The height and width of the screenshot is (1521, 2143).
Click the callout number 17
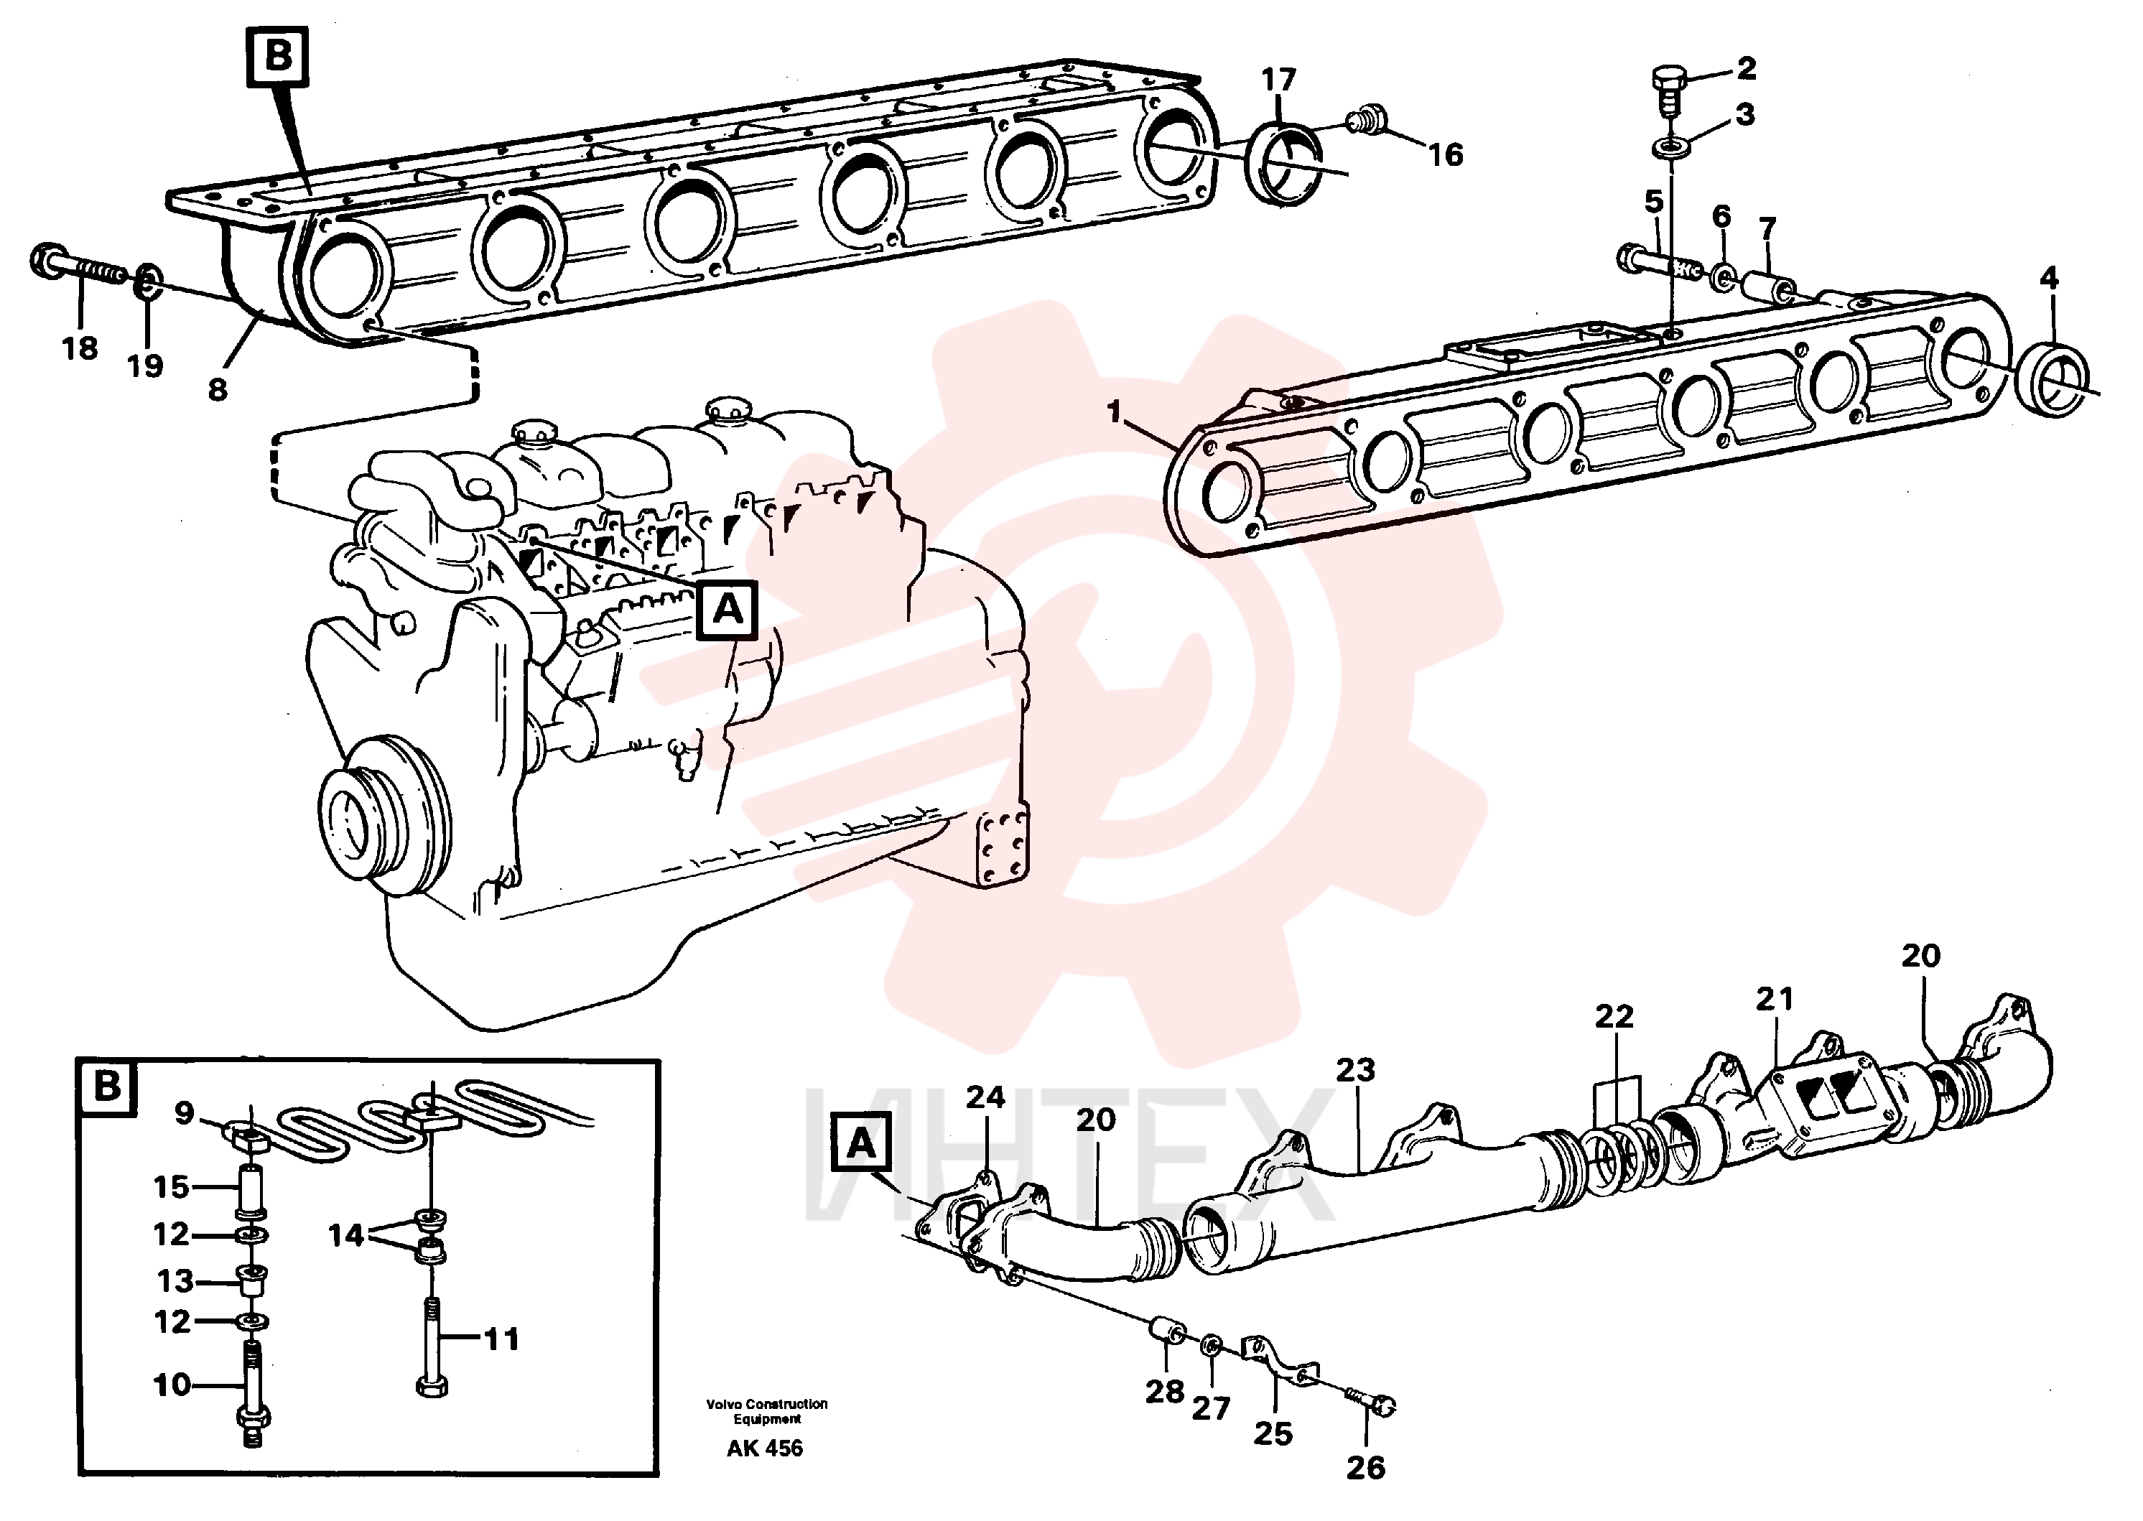coord(1278,80)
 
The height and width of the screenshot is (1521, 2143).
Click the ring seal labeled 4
coord(2051,381)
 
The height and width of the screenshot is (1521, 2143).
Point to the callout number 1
coord(1114,411)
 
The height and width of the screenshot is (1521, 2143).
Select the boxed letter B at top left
coord(278,58)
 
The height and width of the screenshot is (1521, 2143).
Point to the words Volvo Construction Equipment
coord(767,1411)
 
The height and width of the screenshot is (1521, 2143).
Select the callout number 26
coord(1366,1468)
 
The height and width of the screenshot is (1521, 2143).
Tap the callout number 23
coord(1355,1069)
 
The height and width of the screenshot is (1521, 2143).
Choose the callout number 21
coord(1774,1000)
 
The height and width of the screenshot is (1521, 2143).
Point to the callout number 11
coord(501,1339)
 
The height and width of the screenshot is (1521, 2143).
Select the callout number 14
coord(345,1235)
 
